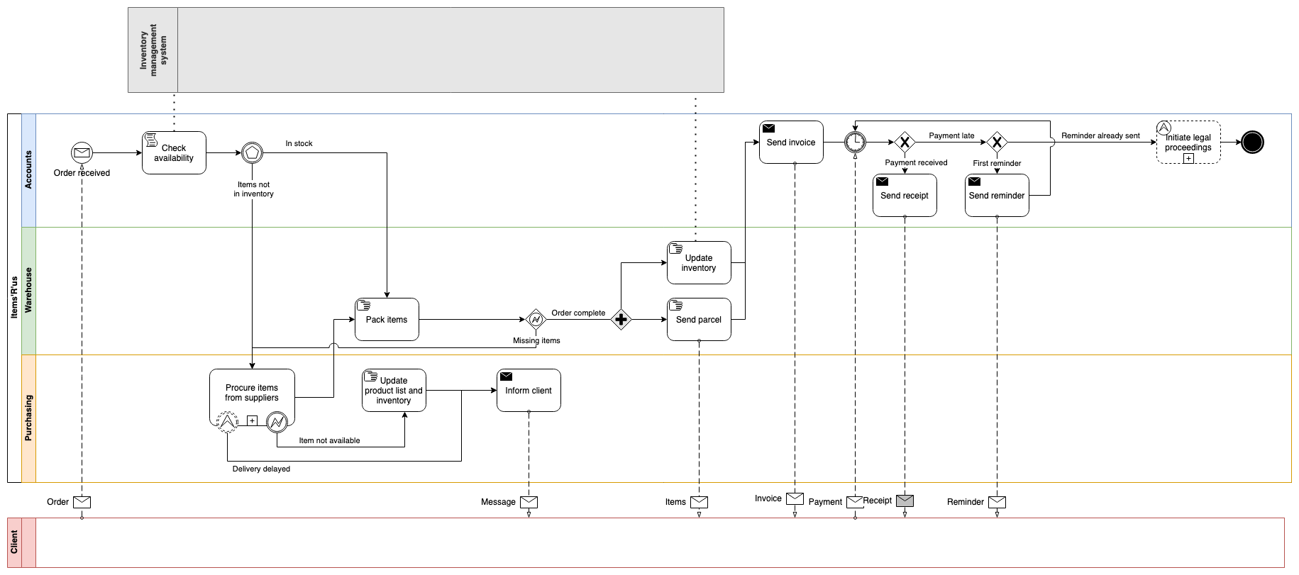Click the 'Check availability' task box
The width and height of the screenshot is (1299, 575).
(x=174, y=152)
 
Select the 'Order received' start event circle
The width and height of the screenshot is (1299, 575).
(x=82, y=152)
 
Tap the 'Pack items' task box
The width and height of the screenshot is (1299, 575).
(x=387, y=319)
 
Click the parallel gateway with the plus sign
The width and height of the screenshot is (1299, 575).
(x=621, y=320)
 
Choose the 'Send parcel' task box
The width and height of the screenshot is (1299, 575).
(x=699, y=319)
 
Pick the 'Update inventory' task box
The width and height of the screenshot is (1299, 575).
(x=699, y=262)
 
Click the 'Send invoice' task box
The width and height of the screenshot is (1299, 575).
(x=791, y=142)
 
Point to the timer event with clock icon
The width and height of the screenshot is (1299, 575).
(x=855, y=142)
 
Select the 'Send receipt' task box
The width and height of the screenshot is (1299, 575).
(x=905, y=195)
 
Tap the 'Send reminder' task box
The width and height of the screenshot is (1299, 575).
(x=997, y=195)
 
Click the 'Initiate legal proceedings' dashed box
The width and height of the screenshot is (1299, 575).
(x=1188, y=142)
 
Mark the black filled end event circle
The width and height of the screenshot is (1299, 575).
(x=1252, y=142)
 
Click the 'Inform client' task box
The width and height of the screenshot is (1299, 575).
(x=529, y=390)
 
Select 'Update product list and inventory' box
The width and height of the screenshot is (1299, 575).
(x=394, y=390)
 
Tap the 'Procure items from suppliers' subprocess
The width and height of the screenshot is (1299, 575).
(x=252, y=393)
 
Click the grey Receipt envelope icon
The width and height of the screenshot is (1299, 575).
(x=905, y=501)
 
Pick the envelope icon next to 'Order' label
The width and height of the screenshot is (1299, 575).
(x=82, y=502)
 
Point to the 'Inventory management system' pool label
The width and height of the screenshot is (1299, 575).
(x=153, y=50)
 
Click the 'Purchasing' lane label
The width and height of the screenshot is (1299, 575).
(x=28, y=418)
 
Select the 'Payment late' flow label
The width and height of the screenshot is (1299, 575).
(x=951, y=135)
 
